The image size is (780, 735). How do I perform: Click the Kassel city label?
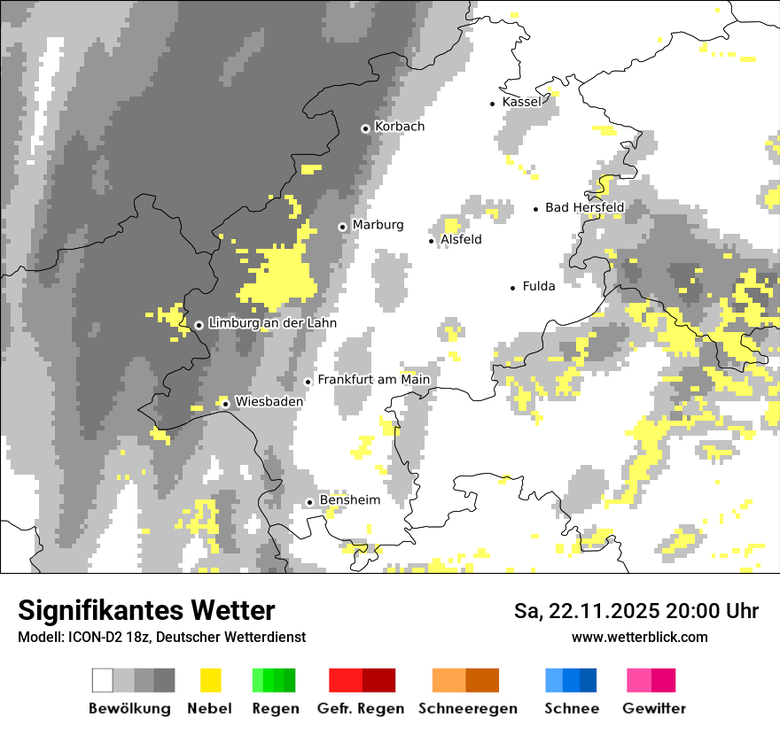pos(521,102)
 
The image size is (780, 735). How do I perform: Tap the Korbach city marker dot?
pos(365,128)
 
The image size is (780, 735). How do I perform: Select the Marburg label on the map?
pos(378,225)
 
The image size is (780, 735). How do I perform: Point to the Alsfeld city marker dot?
pos(432,241)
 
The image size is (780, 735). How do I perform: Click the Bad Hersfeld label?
pos(584,208)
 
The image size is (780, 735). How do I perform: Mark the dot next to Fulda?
pos(512,288)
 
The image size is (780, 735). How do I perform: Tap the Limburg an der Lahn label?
pos(272,324)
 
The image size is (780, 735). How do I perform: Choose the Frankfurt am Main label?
pos(373,380)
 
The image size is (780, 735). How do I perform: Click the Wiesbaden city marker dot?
pos(226,404)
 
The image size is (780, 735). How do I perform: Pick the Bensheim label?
pos(349,500)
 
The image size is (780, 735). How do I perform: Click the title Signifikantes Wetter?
pos(146,610)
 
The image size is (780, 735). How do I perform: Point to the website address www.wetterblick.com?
pos(639,637)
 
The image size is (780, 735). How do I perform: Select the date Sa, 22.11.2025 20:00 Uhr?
pos(636,611)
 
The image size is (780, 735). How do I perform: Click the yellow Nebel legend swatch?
pos(210,680)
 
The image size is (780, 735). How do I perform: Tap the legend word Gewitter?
pos(654,708)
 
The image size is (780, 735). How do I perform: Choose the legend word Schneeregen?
pos(468,708)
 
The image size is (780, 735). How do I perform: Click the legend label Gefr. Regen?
pos(361,708)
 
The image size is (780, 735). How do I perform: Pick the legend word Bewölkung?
pos(129,708)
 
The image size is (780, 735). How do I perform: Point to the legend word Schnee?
pos(572,708)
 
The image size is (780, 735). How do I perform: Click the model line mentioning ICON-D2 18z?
pos(161,637)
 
